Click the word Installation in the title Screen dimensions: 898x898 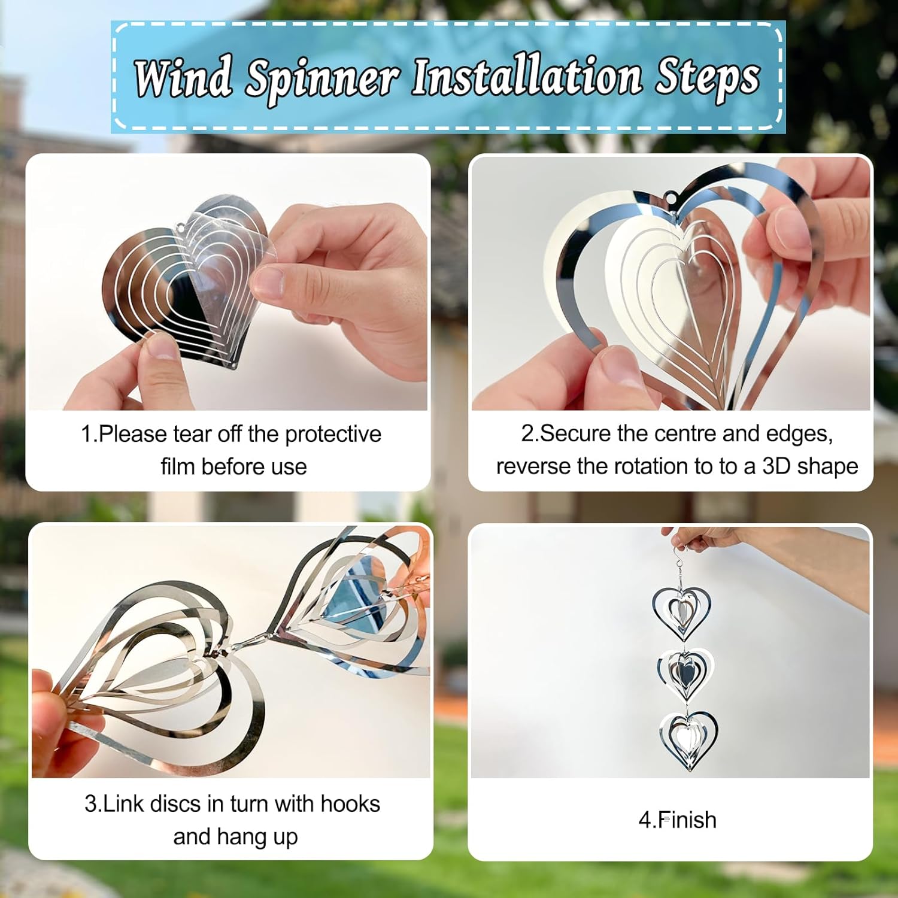coord(526,78)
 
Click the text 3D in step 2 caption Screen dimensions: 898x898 coord(776,466)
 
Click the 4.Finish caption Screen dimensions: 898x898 coord(677,820)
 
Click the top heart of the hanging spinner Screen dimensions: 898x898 coord(681,611)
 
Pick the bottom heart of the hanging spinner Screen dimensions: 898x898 coord(688,740)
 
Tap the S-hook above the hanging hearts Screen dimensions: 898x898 coord(679,556)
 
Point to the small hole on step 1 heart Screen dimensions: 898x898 coord(180,227)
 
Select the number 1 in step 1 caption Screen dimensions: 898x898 coord(86,435)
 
